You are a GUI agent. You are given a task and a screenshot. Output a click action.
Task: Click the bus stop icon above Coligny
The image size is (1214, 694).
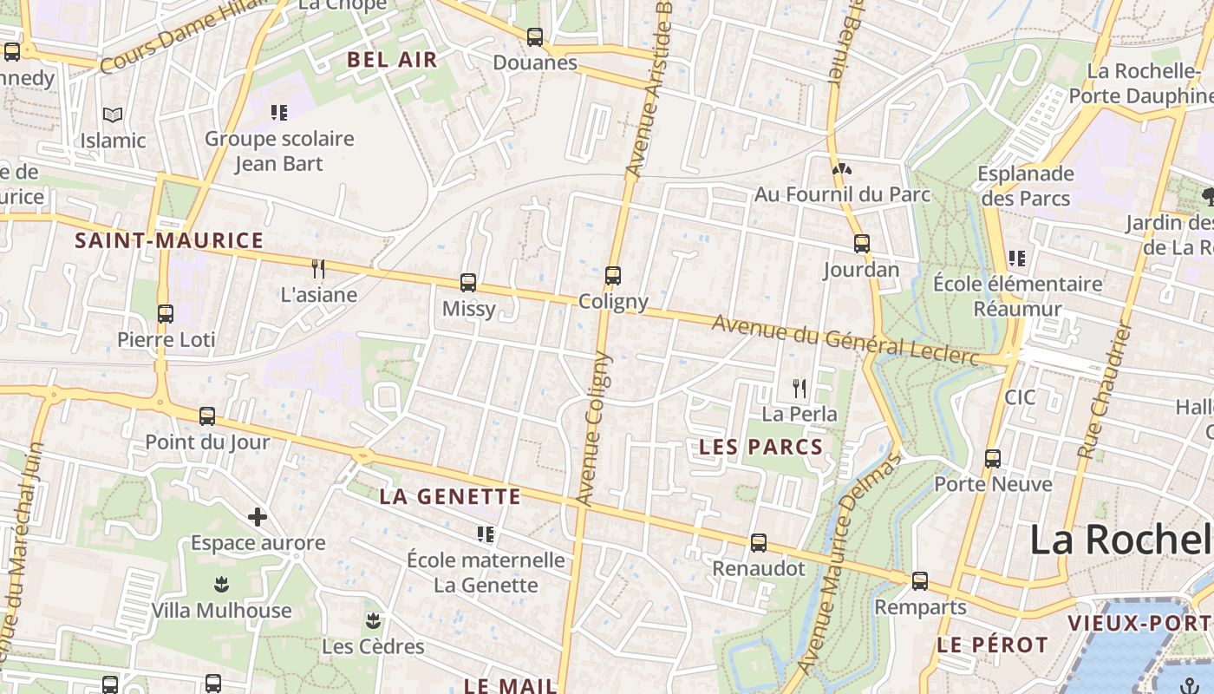613,276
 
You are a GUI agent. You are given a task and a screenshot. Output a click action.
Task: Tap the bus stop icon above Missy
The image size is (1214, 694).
468,282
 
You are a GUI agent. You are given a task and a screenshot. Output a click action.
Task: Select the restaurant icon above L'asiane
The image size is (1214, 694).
318,268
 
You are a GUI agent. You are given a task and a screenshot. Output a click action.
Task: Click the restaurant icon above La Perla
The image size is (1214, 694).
800,388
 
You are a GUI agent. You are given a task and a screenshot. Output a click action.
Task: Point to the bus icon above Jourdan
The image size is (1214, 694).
861,244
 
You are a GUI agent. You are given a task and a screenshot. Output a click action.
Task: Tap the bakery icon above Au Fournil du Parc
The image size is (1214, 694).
840,168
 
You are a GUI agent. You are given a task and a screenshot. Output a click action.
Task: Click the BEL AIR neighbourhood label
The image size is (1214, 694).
392,60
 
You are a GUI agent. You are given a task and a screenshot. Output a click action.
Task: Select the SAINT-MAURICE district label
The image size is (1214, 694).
169,240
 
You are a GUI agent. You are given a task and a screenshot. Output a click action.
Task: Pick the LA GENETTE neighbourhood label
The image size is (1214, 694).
450,497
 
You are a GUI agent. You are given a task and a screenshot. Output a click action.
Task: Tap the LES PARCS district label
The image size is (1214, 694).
760,447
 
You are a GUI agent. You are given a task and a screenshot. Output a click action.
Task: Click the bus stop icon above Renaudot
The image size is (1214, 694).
759,543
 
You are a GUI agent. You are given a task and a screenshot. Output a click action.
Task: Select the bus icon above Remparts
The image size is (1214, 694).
920,581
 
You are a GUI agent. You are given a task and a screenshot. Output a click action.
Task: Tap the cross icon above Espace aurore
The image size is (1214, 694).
258,517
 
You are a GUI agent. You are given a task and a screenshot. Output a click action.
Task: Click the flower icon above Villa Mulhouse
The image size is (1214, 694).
221,584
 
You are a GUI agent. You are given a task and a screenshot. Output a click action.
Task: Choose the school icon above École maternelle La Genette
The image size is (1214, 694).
486,534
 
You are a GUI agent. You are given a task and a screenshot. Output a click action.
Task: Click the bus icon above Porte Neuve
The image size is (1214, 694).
993,458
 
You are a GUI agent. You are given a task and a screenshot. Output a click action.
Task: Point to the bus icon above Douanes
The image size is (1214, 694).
535,37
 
